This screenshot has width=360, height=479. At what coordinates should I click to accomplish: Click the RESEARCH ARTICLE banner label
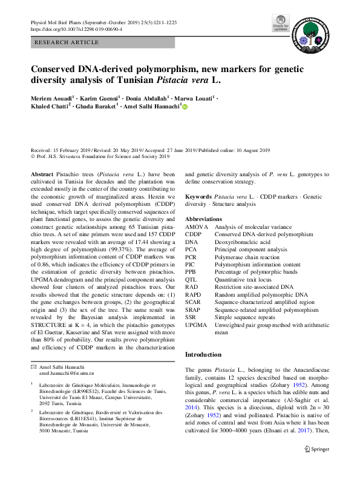[x=67, y=42]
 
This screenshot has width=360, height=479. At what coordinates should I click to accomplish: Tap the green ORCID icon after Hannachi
[x=185, y=107]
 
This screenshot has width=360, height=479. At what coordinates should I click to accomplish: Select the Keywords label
[x=198, y=197]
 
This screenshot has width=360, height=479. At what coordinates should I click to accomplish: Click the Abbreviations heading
[x=204, y=219]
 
